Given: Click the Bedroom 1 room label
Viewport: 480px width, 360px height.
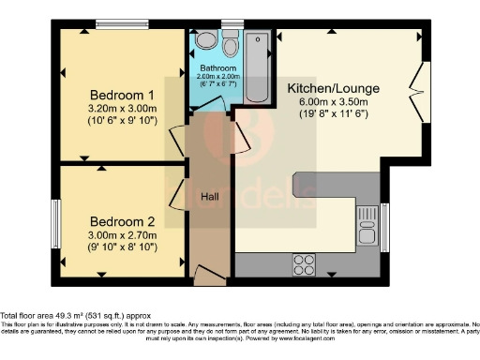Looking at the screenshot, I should tap(122, 95).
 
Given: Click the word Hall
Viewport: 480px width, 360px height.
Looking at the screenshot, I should tap(210, 196).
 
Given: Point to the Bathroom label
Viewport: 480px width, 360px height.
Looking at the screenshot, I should tap(217, 67).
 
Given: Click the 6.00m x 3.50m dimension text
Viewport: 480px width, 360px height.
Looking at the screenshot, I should tap(327, 101).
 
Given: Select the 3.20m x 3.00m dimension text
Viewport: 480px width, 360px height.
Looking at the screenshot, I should tap(122, 108).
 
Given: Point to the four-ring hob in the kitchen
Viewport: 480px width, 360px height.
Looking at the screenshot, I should tap(305, 262).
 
